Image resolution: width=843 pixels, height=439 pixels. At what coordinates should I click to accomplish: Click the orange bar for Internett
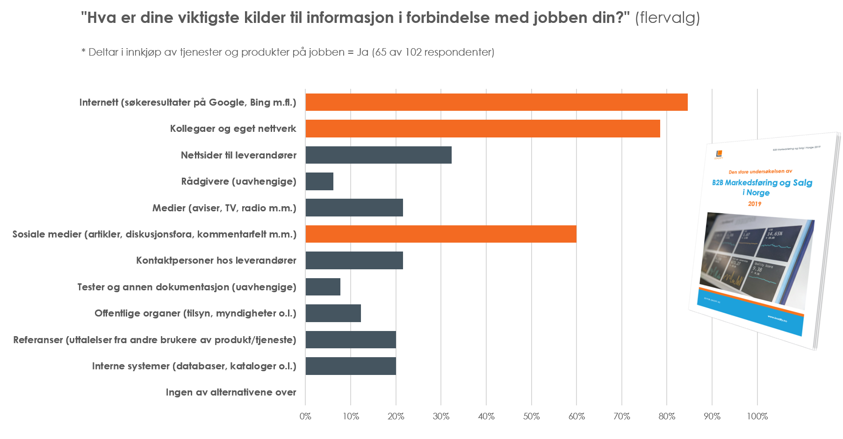coord(496,102)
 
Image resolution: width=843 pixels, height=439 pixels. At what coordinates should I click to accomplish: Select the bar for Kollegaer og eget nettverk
coord(483,129)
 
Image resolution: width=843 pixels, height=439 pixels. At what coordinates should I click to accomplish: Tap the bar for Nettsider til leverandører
coord(378,155)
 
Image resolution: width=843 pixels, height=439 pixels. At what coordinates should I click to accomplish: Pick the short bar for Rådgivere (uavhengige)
coord(319,181)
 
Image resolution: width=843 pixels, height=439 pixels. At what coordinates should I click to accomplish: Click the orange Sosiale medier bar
coord(440,234)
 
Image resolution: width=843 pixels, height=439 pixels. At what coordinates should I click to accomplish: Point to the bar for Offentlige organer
coord(333,313)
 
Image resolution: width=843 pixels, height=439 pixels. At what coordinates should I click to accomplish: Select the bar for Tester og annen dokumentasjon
coord(323,287)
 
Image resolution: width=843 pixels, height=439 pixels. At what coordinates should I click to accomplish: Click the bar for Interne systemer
coord(351,366)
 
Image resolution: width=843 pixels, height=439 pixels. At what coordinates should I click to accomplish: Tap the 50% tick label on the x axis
coord(531,417)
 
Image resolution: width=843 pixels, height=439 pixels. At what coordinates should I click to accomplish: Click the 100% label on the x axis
coord(757,417)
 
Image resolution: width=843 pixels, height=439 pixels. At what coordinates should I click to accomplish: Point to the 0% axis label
coord(305,417)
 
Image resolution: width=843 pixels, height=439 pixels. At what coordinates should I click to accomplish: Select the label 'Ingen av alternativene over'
coord(231,392)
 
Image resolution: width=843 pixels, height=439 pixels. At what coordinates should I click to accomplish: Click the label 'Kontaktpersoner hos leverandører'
coord(216,260)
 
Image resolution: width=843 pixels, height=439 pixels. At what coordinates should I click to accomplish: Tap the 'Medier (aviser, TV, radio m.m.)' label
coord(224,208)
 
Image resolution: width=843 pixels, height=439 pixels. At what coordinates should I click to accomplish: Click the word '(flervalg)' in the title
coord(667,18)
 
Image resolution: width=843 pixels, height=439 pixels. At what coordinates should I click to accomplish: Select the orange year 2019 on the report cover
coord(755,204)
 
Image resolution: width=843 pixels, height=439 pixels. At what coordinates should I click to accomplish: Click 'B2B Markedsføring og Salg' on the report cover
coord(762,183)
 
